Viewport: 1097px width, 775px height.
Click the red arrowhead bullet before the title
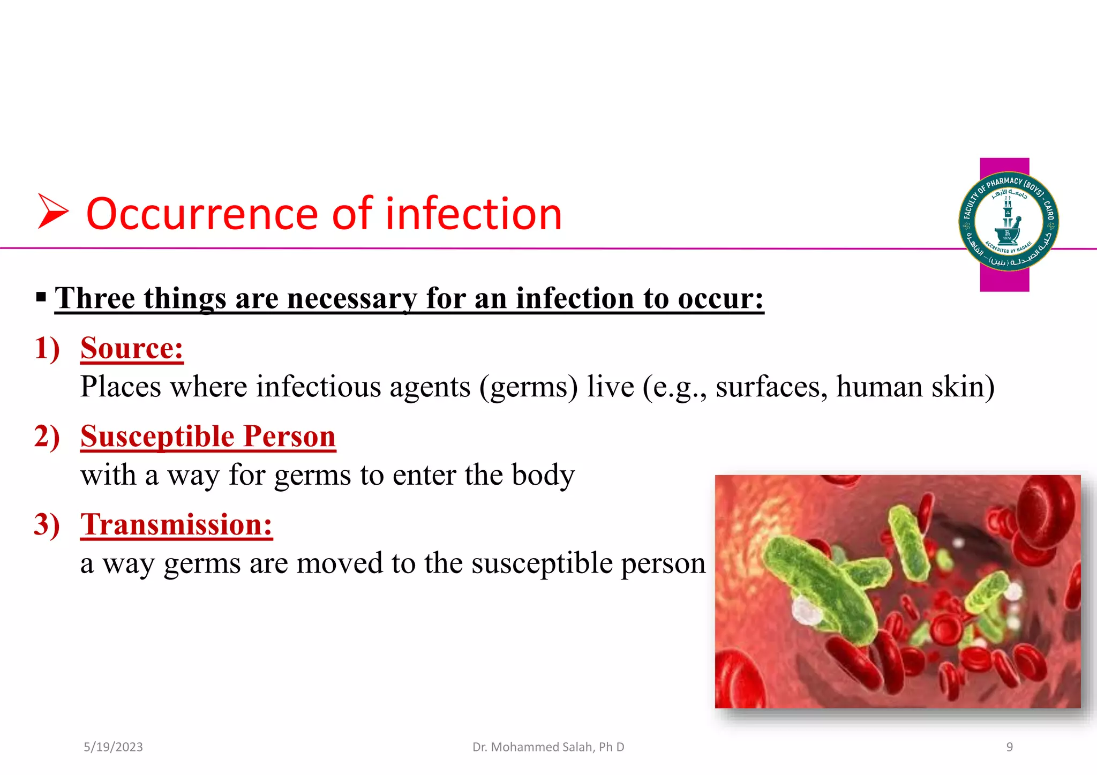[x=52, y=212]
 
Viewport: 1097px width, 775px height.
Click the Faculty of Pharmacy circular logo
[x=1008, y=221]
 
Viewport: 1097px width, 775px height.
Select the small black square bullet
[x=41, y=296]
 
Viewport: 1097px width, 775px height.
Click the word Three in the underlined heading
[x=95, y=298]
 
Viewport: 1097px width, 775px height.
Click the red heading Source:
[x=132, y=348]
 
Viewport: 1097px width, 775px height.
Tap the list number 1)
[x=47, y=348]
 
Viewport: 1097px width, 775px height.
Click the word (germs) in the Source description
[x=529, y=387]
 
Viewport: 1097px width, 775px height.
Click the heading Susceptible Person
[x=208, y=436]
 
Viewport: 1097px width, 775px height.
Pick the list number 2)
[x=47, y=436]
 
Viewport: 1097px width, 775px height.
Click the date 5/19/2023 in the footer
[x=113, y=747]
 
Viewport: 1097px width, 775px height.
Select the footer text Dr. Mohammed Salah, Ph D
[x=548, y=747]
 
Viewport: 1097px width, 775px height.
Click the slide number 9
[x=1009, y=747]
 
